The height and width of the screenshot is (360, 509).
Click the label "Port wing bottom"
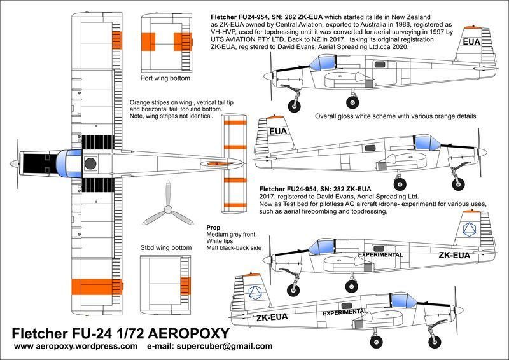(165, 78)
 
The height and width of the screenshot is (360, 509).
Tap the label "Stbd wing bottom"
(166, 247)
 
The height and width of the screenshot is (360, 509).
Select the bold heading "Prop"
(213, 228)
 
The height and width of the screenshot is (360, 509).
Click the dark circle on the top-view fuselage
(90, 163)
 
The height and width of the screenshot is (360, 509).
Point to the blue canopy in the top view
(69, 163)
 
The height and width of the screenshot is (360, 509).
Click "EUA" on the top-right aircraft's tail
(471, 42)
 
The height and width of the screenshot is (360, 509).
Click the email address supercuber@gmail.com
(225, 346)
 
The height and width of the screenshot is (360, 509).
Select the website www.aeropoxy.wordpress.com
(76, 346)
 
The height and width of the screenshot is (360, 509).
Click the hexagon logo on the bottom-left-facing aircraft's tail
(255, 292)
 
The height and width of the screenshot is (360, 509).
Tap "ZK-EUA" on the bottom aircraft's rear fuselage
(272, 317)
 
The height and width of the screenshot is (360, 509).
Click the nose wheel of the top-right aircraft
(294, 106)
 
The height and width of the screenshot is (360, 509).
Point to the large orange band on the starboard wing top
(97, 287)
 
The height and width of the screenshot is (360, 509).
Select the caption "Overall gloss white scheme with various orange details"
(395, 116)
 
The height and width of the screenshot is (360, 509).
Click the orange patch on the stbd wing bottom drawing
(185, 286)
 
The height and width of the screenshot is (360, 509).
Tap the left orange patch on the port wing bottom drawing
(148, 42)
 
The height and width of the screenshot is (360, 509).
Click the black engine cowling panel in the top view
(37, 164)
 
